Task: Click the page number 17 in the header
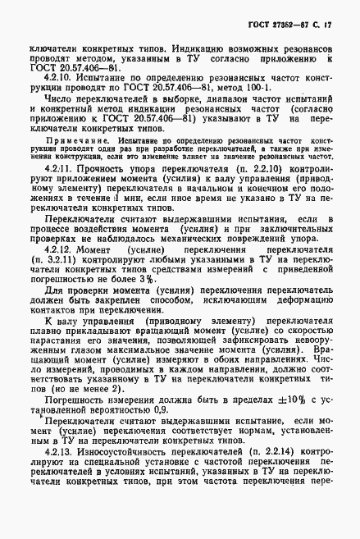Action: (339, 16)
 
